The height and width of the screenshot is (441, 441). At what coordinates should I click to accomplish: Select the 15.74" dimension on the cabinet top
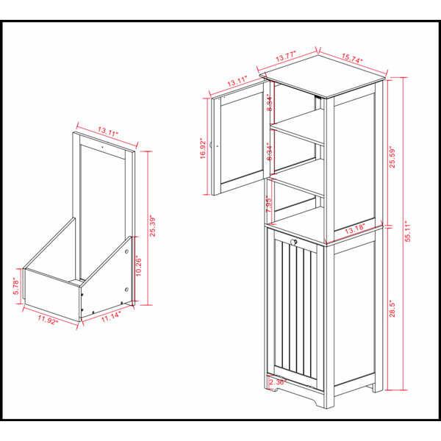point(352,58)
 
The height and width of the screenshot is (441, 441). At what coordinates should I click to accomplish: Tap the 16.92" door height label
point(203,148)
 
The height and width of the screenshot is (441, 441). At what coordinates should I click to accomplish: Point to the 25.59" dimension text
point(392,157)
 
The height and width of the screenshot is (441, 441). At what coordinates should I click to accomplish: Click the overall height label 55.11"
point(408,231)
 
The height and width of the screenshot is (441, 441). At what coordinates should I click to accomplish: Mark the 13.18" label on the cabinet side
point(355,229)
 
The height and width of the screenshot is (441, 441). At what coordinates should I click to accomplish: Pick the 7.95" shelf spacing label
point(269,204)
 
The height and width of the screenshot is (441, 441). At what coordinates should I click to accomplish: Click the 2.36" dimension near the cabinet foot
point(278,382)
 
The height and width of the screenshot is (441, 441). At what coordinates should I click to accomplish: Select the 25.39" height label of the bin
point(152,226)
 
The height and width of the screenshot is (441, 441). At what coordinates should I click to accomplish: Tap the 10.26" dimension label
point(138,266)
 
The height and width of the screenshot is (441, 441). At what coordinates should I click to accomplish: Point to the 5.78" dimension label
point(16,287)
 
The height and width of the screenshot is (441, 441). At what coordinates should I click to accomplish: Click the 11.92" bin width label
point(48,320)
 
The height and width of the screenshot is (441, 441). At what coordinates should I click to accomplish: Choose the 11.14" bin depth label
point(112,317)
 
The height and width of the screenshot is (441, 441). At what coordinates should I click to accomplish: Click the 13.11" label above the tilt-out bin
point(108,132)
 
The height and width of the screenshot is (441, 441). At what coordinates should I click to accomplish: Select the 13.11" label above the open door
point(237,82)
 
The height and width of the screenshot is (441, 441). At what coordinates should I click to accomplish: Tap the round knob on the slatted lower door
point(294,242)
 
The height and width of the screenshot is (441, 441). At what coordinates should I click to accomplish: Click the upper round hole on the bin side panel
point(126,251)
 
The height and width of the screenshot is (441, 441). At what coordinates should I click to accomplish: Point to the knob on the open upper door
point(211,145)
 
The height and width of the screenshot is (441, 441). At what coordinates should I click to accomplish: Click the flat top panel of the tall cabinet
point(323,76)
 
